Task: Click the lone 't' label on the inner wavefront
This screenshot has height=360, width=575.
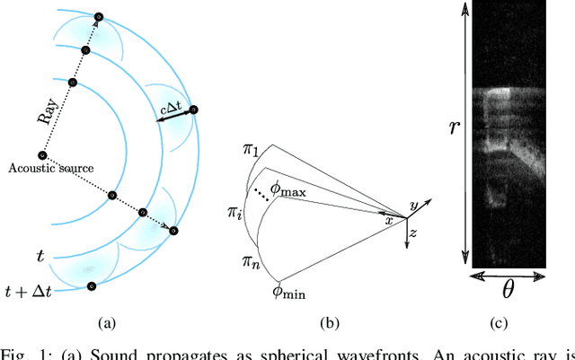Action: click(x=40, y=256)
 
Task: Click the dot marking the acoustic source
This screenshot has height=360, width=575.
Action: click(x=41, y=155)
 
